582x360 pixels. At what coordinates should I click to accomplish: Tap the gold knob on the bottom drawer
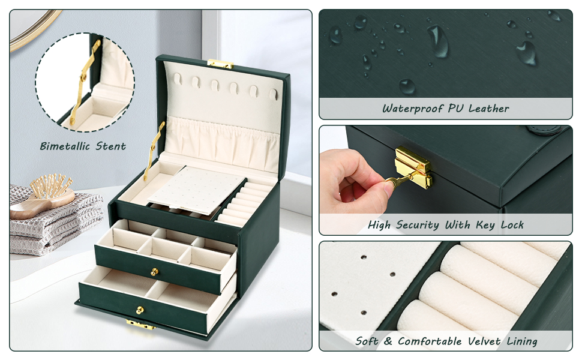(140, 310)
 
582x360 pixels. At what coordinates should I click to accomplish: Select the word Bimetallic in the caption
(65, 146)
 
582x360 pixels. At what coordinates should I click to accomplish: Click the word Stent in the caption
(110, 146)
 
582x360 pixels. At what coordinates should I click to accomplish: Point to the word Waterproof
(413, 109)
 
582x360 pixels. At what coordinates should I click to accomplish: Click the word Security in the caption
(418, 225)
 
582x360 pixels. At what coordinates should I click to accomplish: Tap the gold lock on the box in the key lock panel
(414, 167)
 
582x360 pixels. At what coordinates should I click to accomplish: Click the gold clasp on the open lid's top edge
(220, 64)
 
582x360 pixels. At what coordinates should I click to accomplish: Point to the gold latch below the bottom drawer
(140, 325)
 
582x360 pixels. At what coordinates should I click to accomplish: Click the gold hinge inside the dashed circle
(85, 82)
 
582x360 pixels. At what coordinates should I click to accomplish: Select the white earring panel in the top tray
(196, 190)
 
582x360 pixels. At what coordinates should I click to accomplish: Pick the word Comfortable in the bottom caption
(430, 341)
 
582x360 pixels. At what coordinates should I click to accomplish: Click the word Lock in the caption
(512, 225)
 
